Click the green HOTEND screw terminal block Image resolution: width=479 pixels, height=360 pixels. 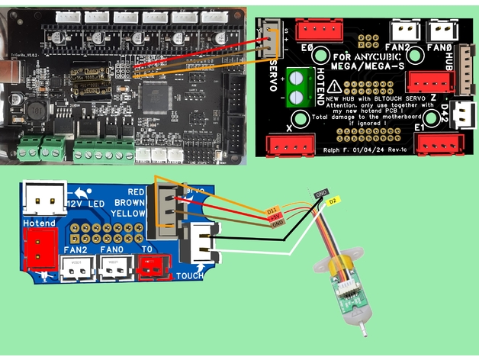tap(295, 85)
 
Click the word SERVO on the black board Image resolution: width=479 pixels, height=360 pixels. tap(274, 76)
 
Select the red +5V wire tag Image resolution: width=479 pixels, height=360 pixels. tap(275, 217)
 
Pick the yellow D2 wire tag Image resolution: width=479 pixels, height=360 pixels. tap(332, 202)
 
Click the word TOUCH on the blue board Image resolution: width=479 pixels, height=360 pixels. tap(189, 275)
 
